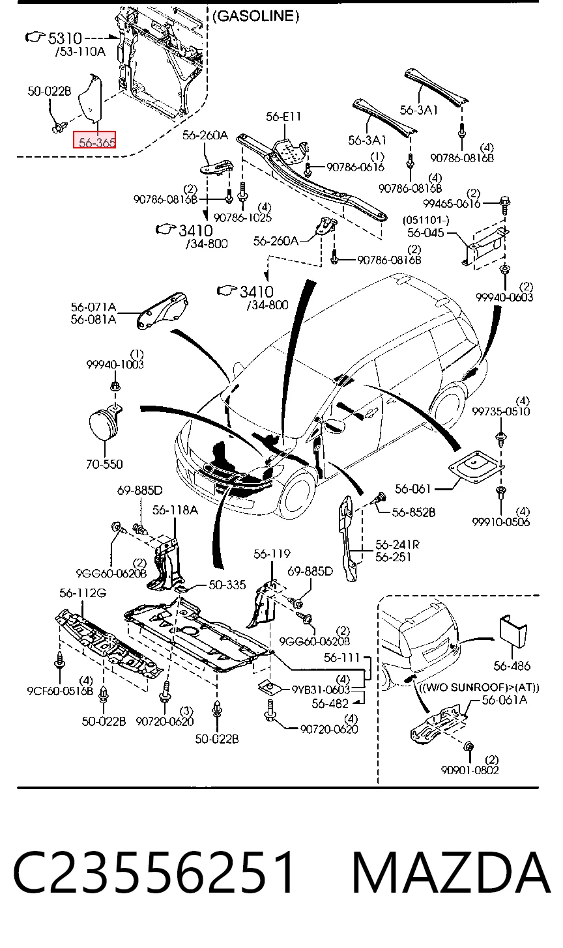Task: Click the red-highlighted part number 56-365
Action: click(94, 140)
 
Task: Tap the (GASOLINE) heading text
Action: click(256, 16)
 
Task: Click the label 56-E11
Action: click(283, 117)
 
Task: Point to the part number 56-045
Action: click(426, 233)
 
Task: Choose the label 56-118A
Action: click(175, 510)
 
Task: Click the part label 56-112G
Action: click(83, 593)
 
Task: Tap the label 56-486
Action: click(512, 665)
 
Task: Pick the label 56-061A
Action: click(504, 700)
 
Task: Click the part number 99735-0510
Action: click(500, 411)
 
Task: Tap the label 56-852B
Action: click(414, 512)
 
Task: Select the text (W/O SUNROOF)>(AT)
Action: click(479, 688)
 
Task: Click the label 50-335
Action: click(227, 585)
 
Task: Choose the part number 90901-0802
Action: click(470, 770)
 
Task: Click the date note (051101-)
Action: click(426, 221)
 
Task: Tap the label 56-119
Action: click(272, 554)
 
